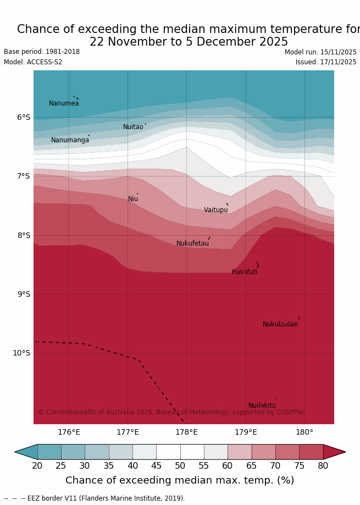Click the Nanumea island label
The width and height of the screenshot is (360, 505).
pyautogui.click(x=64, y=103)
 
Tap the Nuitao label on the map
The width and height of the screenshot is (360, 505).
pyautogui.click(x=133, y=127)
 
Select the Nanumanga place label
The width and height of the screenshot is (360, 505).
pyautogui.click(x=70, y=140)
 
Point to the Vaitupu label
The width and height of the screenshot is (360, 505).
pyautogui.click(x=215, y=210)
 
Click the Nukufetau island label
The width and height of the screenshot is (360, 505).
pyautogui.click(x=192, y=243)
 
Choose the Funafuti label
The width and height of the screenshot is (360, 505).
pyautogui.click(x=245, y=272)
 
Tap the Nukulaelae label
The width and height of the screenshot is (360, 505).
pyautogui.click(x=280, y=324)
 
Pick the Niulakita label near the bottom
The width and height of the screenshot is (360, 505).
pyautogui.click(x=262, y=406)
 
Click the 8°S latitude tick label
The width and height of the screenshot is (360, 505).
pyautogui.click(x=24, y=235)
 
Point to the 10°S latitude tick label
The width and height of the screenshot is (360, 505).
pyautogui.click(x=21, y=353)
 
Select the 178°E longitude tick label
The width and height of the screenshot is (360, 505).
pyautogui.click(x=186, y=432)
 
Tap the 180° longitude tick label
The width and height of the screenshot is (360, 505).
pyautogui.click(x=304, y=432)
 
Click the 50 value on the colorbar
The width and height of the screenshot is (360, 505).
pyautogui.click(x=180, y=466)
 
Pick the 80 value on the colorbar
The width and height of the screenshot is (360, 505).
pyautogui.click(x=323, y=466)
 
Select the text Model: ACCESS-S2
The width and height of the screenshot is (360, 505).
pyautogui.click(x=33, y=62)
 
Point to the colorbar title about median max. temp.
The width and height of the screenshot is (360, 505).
pyautogui.click(x=180, y=481)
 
